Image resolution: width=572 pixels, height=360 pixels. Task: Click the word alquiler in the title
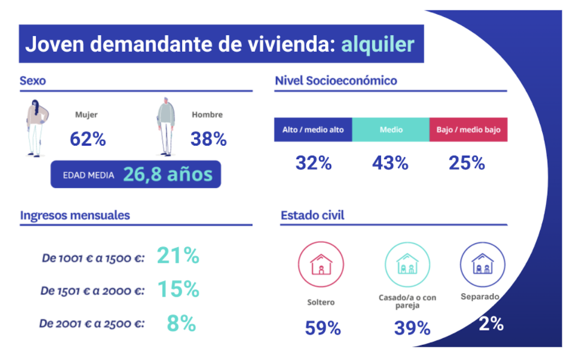coord(377,44)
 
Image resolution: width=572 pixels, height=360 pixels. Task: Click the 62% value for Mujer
coord(88,140)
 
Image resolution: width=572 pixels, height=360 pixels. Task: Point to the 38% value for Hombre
coord(208,140)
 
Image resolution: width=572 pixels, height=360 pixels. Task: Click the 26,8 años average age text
coord(168,175)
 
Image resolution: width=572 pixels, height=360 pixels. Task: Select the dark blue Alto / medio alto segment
coord(313,130)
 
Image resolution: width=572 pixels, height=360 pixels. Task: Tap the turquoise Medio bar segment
coord(391,130)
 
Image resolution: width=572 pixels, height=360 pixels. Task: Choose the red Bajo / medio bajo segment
coord(468,130)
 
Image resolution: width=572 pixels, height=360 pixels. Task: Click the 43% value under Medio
coord(391,163)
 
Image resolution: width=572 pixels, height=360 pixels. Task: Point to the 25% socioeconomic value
coord(466,163)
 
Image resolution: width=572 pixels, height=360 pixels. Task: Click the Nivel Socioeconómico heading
coord(336,81)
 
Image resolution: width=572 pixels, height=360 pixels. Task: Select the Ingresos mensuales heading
coord(75,216)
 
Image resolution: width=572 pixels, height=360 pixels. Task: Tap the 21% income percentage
coord(178,256)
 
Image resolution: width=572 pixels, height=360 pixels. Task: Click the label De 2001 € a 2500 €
coord(92,324)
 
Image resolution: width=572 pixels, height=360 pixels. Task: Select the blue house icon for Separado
coord(482,265)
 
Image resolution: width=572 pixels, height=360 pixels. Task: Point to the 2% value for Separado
coord(491,324)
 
